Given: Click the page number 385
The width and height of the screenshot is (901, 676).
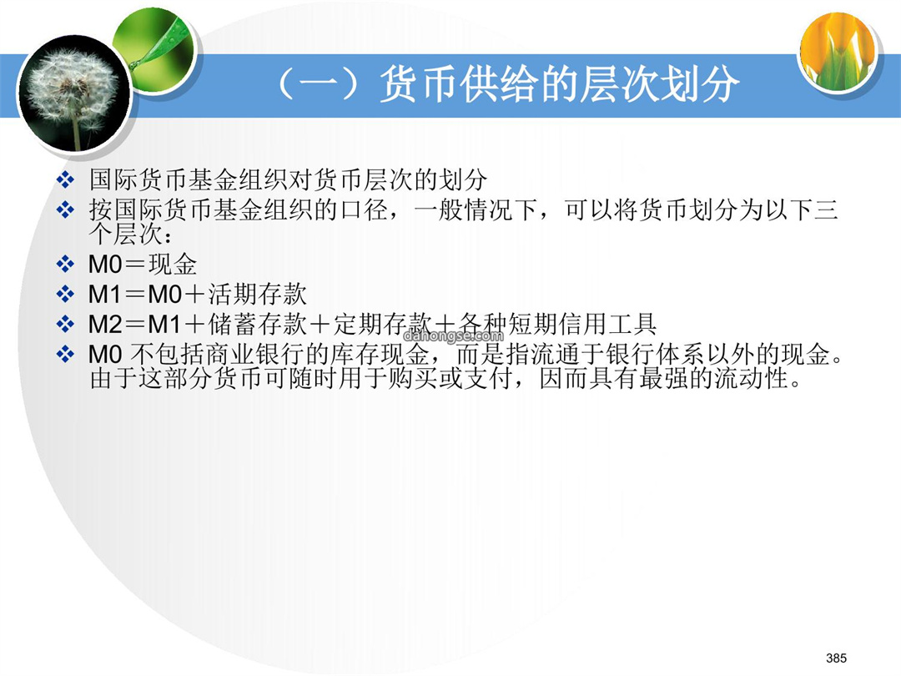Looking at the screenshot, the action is coord(836,658).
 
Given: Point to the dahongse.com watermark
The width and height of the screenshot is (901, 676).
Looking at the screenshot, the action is coord(453,335).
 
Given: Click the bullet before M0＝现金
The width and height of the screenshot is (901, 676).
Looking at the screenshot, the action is coord(66,265).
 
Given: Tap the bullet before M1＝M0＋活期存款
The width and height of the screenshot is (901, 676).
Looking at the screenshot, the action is coord(66,295).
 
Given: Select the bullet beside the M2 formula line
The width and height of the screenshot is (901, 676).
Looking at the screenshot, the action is coord(66,324).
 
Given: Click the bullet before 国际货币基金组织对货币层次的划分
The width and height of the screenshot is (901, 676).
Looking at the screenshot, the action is coord(66,179).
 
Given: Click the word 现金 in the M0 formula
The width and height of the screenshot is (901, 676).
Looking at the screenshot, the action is coord(173,265).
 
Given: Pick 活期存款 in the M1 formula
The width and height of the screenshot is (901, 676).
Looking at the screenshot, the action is coord(257,295).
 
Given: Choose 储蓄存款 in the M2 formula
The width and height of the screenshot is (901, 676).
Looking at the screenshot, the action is coord(257,324).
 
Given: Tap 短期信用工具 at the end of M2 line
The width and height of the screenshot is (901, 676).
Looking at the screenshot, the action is coord(582,324).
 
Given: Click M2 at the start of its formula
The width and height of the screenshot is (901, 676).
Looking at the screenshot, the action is coord(105,325).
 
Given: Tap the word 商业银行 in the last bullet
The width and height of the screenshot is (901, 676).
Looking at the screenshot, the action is coord(230,354).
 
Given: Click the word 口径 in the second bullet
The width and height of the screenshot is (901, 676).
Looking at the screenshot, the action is coord(365,209).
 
